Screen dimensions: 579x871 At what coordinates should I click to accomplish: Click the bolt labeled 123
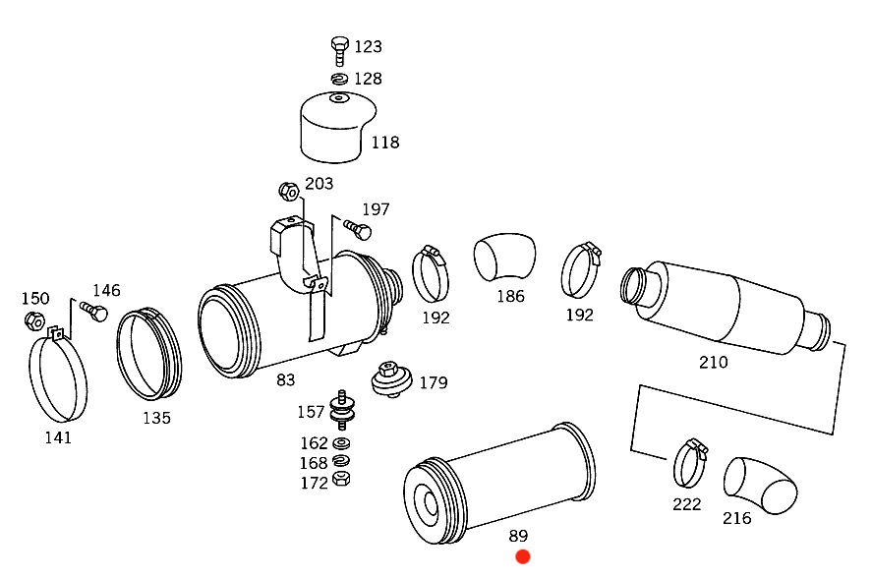click(339, 48)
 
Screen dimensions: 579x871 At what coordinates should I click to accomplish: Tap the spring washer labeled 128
click(339, 79)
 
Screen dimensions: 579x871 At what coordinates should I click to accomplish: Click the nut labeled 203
click(288, 189)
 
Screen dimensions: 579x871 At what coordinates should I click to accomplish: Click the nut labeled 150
click(32, 319)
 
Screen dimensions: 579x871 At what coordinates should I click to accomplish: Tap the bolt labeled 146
click(94, 312)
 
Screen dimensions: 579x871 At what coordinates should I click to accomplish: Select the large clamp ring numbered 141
click(57, 377)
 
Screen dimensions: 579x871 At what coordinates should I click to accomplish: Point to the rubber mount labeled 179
click(391, 378)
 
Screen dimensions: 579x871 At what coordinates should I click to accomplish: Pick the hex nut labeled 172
click(343, 480)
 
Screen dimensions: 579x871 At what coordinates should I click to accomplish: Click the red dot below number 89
click(523, 557)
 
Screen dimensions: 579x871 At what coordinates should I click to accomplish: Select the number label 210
click(713, 362)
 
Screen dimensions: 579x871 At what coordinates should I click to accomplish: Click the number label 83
click(285, 379)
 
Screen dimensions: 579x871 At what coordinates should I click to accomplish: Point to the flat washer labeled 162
click(343, 443)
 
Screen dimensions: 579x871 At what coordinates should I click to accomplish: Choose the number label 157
click(311, 412)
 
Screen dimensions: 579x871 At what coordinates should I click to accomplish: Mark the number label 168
click(314, 463)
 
